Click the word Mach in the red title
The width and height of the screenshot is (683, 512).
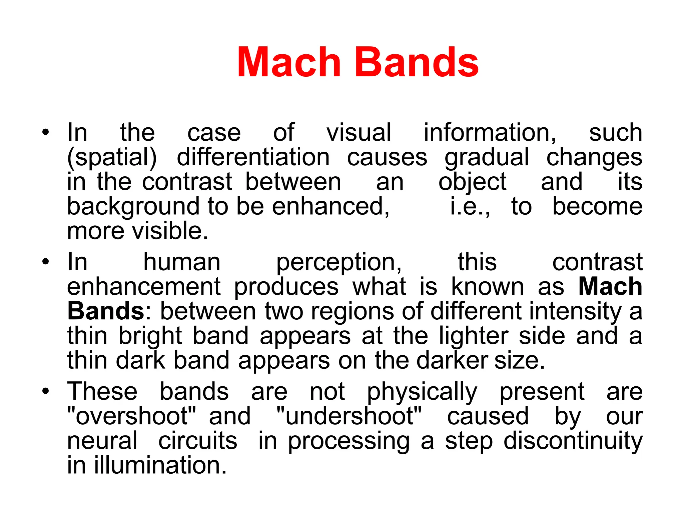(x=289, y=63)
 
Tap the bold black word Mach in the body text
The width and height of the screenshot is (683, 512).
(x=610, y=286)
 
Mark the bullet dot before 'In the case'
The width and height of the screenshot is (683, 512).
(x=46, y=132)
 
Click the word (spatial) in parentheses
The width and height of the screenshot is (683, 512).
(x=112, y=158)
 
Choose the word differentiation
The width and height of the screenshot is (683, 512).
(x=253, y=157)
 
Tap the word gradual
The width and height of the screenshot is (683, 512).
(x=487, y=158)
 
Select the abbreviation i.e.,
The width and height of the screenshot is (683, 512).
(x=470, y=207)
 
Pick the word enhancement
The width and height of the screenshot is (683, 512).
(x=144, y=286)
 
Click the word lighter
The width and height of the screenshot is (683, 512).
(x=474, y=336)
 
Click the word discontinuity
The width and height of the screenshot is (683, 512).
(x=573, y=441)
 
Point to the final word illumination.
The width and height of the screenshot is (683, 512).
(x=160, y=465)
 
